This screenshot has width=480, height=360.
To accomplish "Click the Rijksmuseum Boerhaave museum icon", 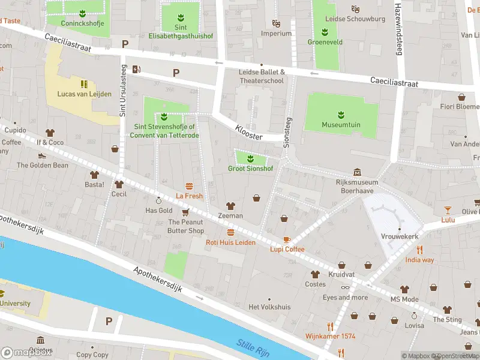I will (x=358, y=172).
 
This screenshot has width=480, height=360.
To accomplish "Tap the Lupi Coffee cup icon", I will (x=287, y=239).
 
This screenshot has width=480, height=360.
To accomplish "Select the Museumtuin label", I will (x=341, y=125).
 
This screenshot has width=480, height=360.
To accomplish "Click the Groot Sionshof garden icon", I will (x=250, y=159).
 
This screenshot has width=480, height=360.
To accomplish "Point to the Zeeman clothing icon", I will (x=230, y=206).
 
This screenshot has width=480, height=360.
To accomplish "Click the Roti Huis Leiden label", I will (x=230, y=242).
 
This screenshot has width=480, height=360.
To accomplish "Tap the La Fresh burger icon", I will (x=190, y=186).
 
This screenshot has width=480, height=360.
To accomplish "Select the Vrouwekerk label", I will (x=399, y=236).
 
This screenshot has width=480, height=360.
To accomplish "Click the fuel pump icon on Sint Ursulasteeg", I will (x=137, y=68).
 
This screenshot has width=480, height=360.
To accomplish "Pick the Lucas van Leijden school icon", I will (x=84, y=83).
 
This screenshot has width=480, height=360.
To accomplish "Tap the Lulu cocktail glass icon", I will (x=448, y=209).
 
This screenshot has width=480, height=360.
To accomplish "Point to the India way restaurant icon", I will (x=419, y=250).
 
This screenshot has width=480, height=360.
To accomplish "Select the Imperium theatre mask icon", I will (x=276, y=23).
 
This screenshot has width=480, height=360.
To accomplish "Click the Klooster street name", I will (x=249, y=133).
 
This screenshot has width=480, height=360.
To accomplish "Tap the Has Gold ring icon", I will (x=158, y=200).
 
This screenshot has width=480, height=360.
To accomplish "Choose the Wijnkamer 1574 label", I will (x=330, y=336).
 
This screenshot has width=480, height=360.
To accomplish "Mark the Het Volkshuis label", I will (x=269, y=307).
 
